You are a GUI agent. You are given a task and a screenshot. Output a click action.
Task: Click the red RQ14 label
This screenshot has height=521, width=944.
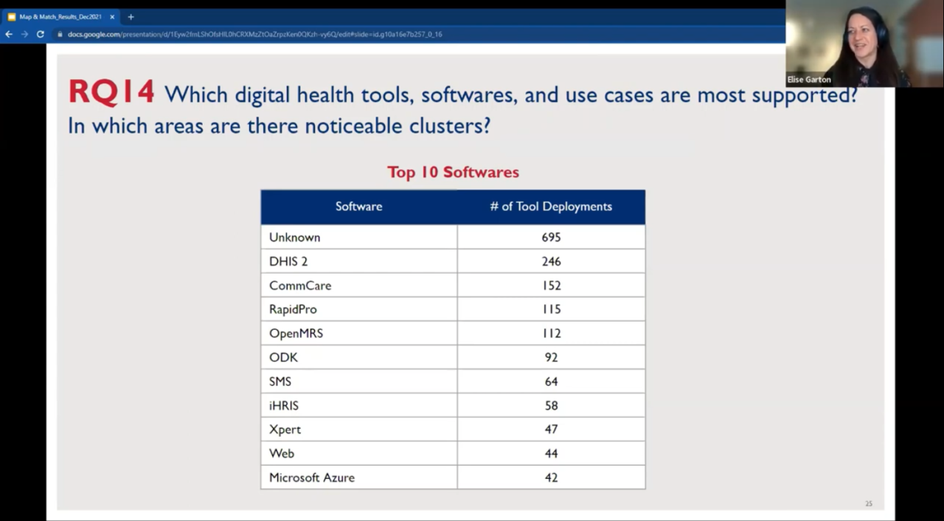pos(111,94)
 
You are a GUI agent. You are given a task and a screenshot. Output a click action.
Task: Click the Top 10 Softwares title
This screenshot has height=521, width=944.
pos(453,172)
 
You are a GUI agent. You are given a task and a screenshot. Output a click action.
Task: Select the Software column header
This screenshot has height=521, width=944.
pos(358,207)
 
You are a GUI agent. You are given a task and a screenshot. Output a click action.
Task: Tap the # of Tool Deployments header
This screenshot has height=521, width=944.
pos(551,207)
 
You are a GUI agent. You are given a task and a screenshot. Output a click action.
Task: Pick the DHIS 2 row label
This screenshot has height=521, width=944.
pos(288,261)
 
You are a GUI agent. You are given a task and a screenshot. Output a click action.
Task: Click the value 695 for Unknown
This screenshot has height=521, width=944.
pos(551,238)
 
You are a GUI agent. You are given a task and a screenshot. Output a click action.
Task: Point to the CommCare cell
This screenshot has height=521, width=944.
pos(300,286)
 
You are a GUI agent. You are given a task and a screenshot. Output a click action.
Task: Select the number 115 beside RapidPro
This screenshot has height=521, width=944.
pos(551,309)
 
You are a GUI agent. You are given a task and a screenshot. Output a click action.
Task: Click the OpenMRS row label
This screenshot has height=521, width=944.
pos(296,334)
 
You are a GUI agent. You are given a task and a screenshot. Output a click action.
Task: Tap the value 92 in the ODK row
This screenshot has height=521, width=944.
pos(551,357)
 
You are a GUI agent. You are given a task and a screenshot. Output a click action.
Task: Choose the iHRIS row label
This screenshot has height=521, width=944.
pos(284,405)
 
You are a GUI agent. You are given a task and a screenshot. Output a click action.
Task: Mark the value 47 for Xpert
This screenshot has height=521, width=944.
pos(551,429)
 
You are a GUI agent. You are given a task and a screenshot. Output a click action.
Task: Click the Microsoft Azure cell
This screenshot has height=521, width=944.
pos(312,477)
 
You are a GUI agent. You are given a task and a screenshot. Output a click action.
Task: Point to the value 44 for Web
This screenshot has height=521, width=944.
pos(551,453)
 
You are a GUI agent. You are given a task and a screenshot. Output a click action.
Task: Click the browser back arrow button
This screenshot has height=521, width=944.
pos(9,34)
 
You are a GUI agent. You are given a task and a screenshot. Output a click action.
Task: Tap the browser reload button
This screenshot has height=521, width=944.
pos(41,34)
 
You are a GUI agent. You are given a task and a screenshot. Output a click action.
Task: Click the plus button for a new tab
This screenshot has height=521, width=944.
pos(131,16)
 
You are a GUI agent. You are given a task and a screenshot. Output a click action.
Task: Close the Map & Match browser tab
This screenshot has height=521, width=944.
pos(112,16)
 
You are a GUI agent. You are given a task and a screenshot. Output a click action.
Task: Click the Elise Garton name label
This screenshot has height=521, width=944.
pos(809,80)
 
